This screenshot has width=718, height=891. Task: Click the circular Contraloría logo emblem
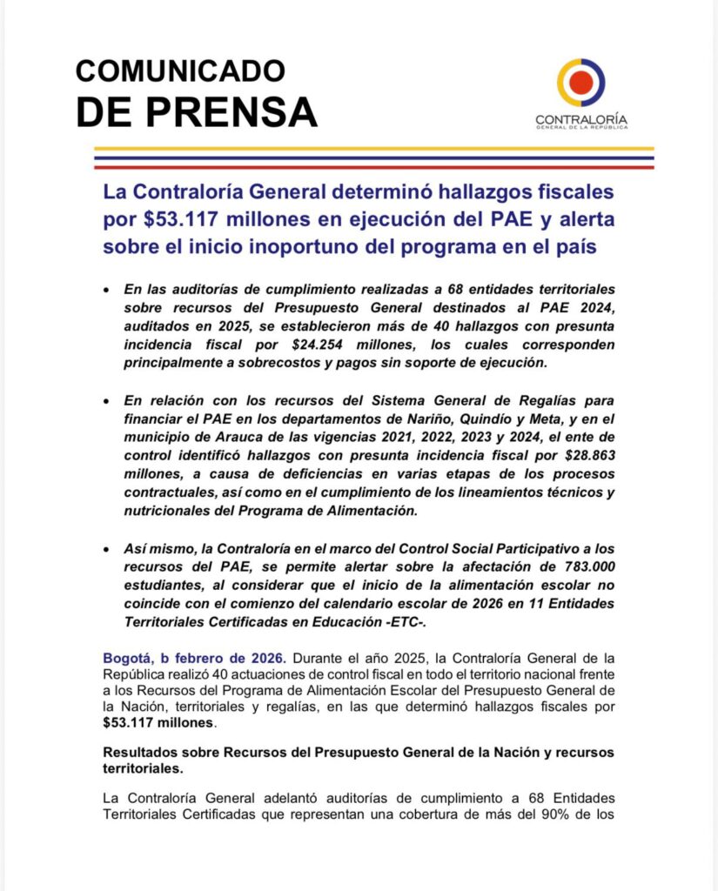coord(581,83)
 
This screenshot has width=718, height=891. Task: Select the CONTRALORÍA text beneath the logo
coord(581,120)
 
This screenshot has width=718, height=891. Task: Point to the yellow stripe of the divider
coord(373,149)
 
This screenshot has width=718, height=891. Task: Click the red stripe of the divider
coord(373,165)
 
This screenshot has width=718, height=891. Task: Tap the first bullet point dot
coord(107,288)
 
